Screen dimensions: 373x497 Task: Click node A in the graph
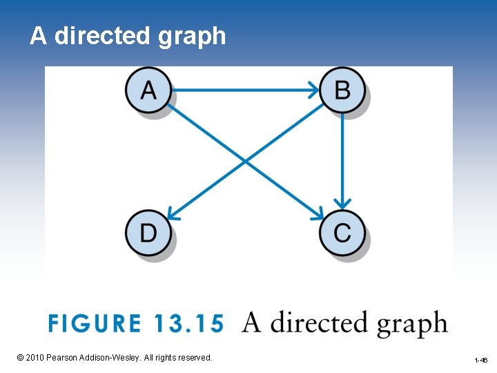pos(148,90)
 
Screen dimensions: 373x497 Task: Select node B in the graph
pos(342,90)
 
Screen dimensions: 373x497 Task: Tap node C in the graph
pos(342,232)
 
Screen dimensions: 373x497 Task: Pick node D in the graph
pos(148,232)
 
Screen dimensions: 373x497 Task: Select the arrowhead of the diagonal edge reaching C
pos(320,215)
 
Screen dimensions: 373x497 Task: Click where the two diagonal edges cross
pos(246,161)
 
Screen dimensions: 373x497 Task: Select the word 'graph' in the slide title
pos(191,36)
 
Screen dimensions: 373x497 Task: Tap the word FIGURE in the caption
pos(94,324)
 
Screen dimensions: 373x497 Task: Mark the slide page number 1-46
pos(480,361)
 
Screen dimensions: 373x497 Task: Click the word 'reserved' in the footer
pos(193,358)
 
